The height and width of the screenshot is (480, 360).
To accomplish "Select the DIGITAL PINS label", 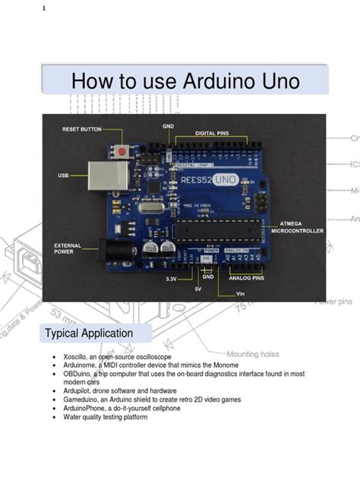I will [x=212, y=133].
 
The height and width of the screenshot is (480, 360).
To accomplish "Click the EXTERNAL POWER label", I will [x=68, y=248].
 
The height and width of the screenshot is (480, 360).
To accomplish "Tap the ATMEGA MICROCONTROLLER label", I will [x=297, y=226].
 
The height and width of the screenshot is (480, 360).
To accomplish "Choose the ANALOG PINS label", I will [x=246, y=277].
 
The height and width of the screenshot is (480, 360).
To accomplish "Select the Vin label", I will [x=241, y=293].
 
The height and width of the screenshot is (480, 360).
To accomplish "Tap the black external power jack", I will [x=121, y=250].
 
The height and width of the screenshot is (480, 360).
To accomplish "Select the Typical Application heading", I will [x=89, y=333].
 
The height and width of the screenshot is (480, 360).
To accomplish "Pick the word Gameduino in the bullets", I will [x=85, y=399].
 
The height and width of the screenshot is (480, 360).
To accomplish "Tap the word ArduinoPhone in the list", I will [x=89, y=408].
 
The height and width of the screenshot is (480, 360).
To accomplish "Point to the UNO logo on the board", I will [x=225, y=180].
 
